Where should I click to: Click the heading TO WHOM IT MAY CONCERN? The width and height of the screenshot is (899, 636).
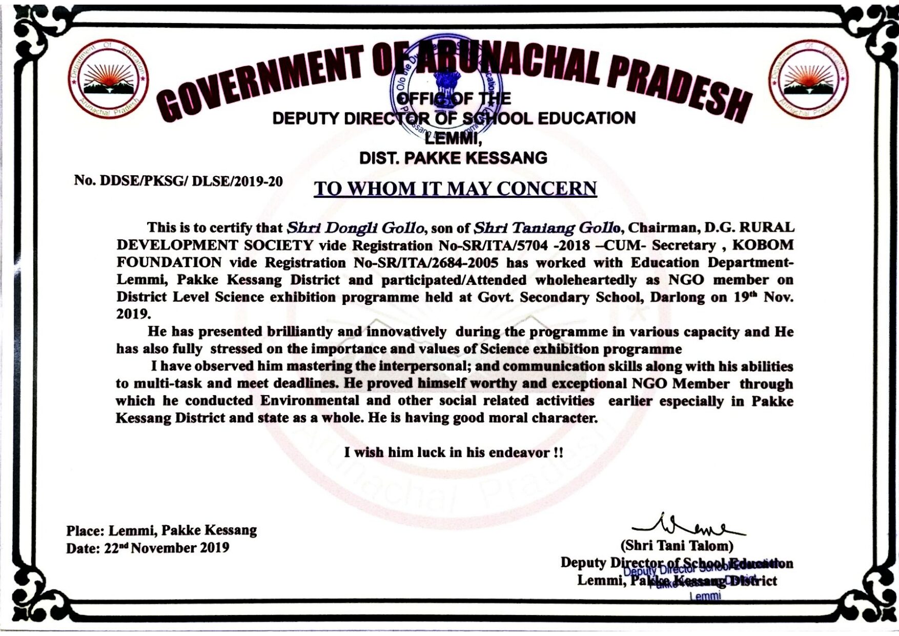coord(455,189)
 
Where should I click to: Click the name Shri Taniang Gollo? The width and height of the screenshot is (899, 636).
coord(546,227)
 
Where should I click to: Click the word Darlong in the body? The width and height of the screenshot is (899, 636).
coord(678,298)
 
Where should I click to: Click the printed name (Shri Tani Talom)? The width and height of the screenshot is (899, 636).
coord(677,545)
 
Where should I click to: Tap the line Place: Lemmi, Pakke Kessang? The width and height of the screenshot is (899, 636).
coord(161,530)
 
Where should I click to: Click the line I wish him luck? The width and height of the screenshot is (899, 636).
coord(454,453)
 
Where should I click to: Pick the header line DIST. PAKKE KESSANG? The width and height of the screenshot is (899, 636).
coord(453,157)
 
